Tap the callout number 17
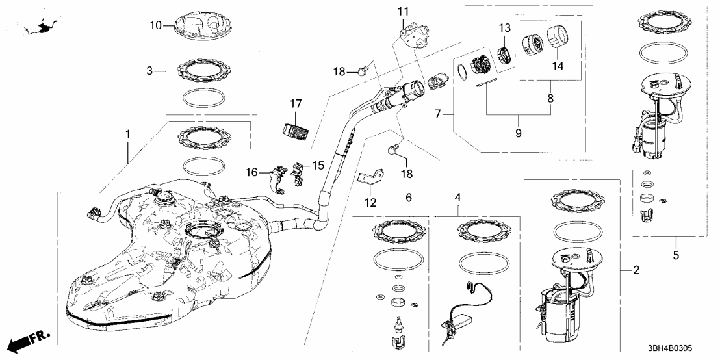[296, 103]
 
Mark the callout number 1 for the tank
[128, 135]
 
